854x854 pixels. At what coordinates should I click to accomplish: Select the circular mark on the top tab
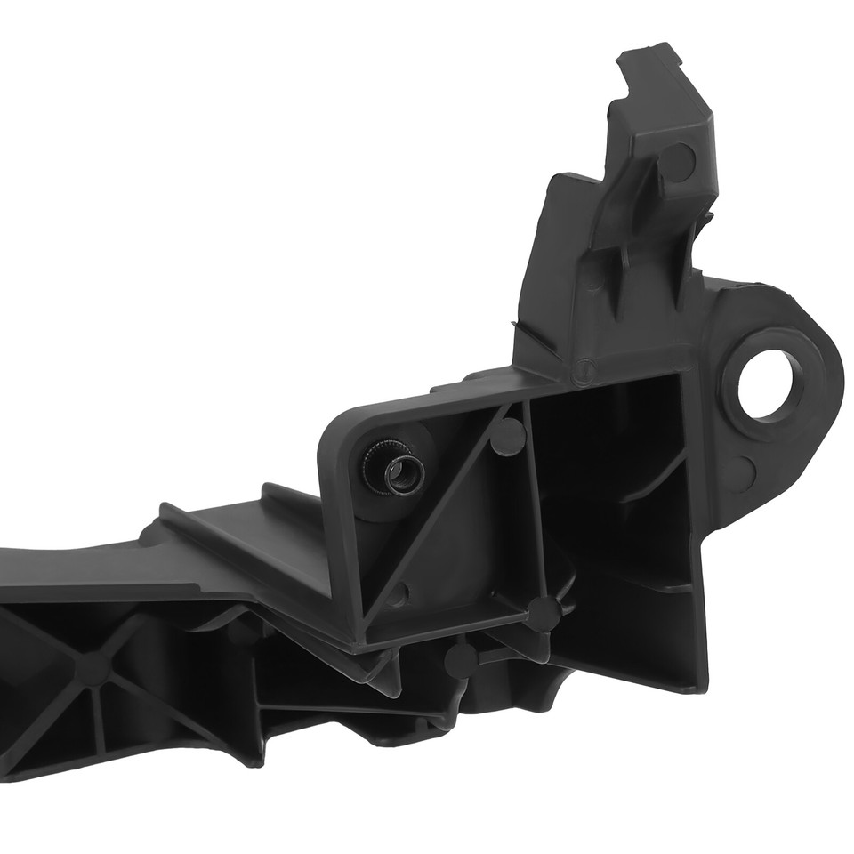678,160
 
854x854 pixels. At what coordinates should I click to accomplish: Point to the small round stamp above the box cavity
584,365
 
